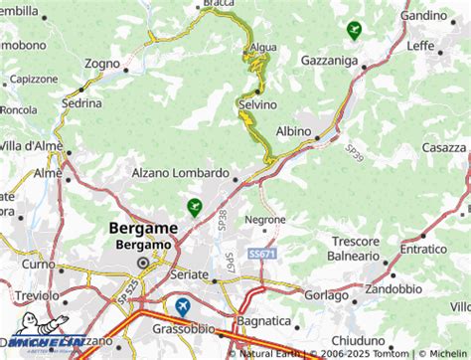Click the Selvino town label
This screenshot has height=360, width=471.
256,103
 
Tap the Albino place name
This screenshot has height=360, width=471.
293,131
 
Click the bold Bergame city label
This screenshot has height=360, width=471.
143,228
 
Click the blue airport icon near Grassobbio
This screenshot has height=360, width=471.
182,307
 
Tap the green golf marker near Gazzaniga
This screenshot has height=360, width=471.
354,30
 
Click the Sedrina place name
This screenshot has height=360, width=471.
81,102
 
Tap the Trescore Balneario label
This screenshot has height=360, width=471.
356,248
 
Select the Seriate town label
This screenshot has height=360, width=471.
189,272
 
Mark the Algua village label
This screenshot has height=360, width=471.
264,47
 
